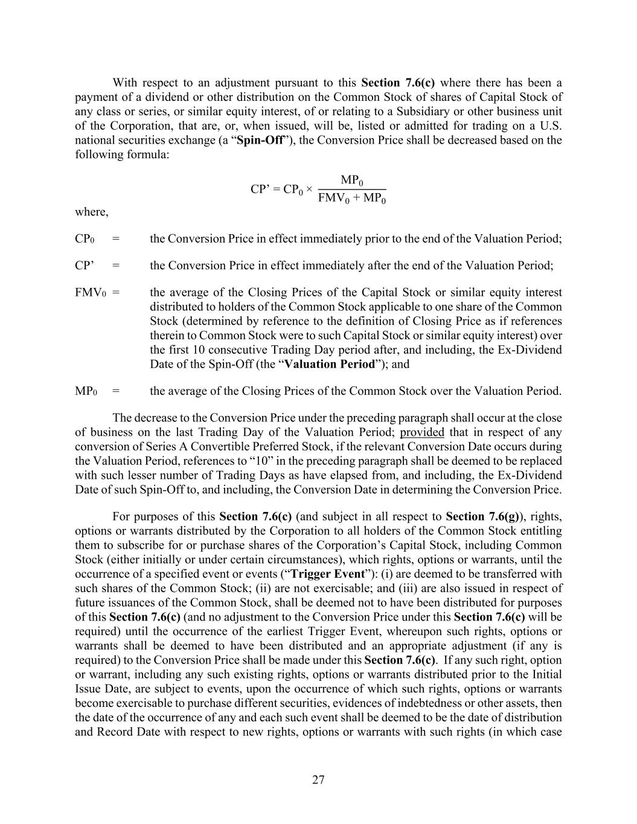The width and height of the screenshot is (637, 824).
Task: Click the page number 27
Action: coord(318,780)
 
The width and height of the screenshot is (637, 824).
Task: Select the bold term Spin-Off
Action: coord(260,141)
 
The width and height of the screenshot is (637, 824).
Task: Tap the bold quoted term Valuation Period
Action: coord(330,364)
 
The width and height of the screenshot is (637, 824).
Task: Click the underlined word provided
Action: coord(422,432)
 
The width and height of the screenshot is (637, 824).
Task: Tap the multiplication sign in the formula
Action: coord(309,189)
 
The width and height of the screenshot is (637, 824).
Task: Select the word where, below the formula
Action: coord(92,212)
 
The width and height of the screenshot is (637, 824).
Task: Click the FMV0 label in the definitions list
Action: coord(91,293)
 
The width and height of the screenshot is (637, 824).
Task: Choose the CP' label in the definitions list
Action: coord(84,266)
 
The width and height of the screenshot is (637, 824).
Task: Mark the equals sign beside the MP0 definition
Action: coord(116,391)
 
